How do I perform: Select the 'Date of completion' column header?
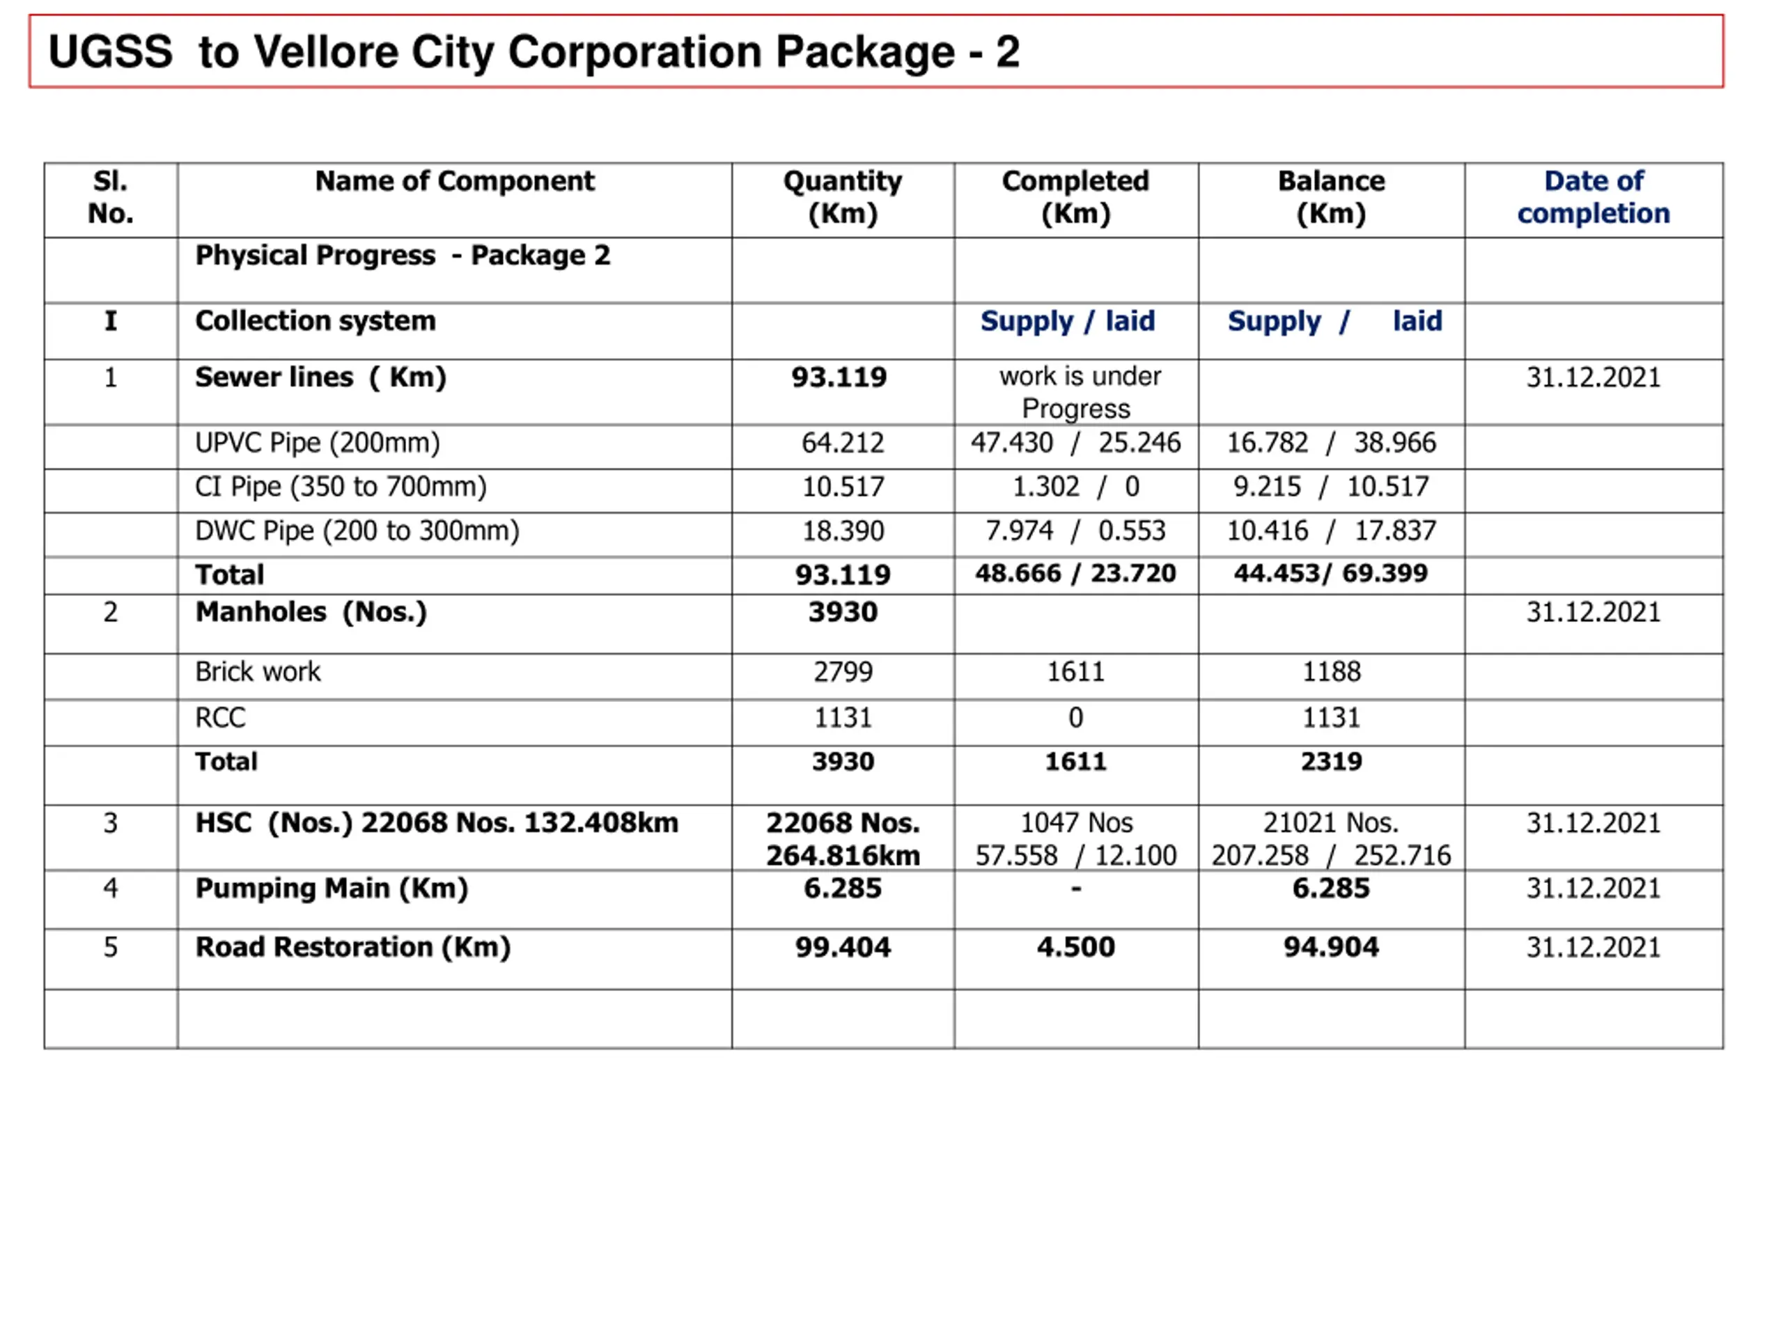click(1593, 198)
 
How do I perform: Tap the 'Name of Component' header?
click(455, 181)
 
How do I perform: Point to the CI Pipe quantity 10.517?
click(842, 487)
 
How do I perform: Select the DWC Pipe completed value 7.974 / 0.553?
click(1075, 531)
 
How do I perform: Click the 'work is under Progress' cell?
click(1077, 393)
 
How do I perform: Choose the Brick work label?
click(257, 671)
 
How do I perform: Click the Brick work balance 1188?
click(1331, 671)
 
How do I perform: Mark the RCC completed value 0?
click(1075, 717)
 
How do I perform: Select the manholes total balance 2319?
click(1331, 761)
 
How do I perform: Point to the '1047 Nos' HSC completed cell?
click(1076, 823)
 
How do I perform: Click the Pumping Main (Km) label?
click(332, 888)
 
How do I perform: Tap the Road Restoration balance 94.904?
click(1331, 947)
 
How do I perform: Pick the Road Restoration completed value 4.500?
click(1075, 947)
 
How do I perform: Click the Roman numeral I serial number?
click(111, 321)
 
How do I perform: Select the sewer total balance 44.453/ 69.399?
click(1330, 573)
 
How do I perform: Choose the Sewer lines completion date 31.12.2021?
click(1593, 377)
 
